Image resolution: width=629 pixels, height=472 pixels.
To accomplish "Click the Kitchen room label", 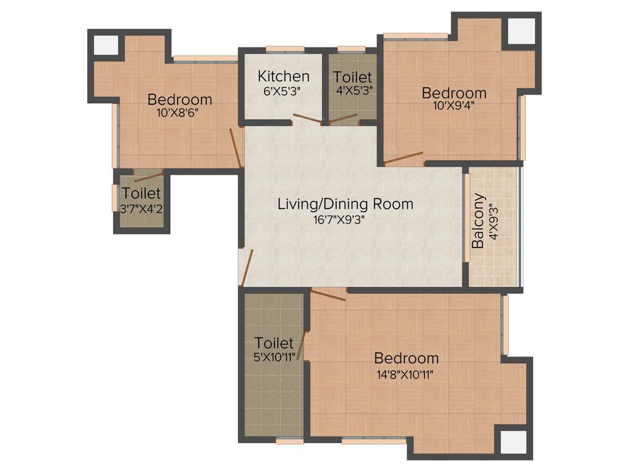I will pos(283,77).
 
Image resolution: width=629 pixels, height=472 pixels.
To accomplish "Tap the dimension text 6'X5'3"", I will pos(283,90).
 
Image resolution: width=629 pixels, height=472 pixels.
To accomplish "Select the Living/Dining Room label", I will pos(345,204).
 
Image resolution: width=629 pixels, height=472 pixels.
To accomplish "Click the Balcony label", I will pos(478,221).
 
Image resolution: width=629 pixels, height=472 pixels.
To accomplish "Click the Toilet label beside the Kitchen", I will pos(353,77).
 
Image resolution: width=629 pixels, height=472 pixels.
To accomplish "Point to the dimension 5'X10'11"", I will pos(274,356).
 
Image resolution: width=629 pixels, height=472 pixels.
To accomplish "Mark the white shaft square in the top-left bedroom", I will pos(106,44).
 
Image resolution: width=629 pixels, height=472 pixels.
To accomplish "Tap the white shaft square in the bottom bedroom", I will pos(512,441).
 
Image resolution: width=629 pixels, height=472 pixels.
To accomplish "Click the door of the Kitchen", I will pos(307,118).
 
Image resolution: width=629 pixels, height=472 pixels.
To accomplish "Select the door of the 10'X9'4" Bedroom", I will pos(404,157).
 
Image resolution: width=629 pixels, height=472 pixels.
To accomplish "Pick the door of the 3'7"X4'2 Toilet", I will pos(148,177).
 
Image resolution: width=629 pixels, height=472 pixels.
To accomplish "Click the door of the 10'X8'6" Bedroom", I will pos(235,147).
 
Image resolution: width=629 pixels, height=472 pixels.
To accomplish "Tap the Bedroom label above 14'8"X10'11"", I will pos(406,358).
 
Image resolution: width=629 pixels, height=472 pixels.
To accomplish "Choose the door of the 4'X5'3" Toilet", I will pos(344,119).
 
